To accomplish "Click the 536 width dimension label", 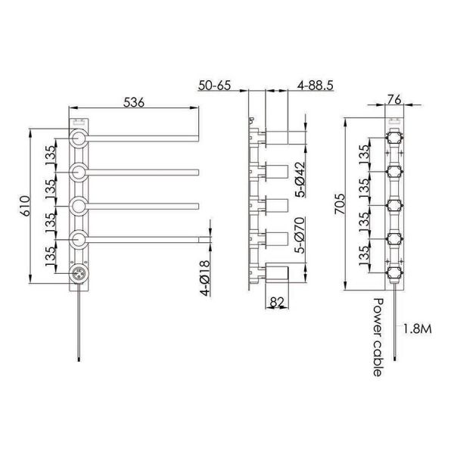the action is click(x=133, y=102).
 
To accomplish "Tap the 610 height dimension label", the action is click(x=25, y=206).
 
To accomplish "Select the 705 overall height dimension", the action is click(x=340, y=204).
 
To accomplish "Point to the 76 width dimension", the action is click(x=394, y=99).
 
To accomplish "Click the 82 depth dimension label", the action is click(x=277, y=302).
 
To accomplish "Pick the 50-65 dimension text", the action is click(x=215, y=86).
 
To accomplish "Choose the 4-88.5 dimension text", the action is click(x=316, y=86).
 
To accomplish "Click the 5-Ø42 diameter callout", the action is click(x=300, y=179).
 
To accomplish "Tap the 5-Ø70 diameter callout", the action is click(x=300, y=235).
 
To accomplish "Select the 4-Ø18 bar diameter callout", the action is click(x=205, y=278).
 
